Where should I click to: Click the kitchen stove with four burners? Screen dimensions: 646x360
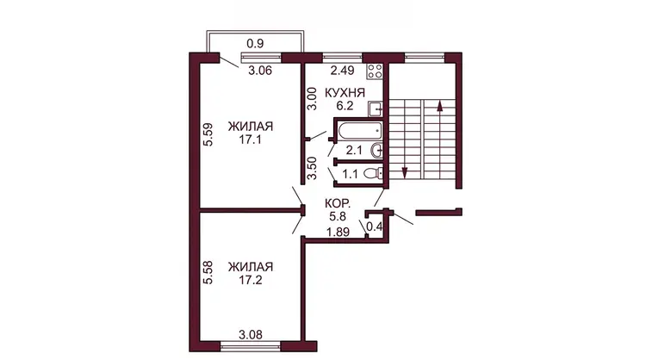point(375,71)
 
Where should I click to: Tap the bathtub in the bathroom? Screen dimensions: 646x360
point(361,132)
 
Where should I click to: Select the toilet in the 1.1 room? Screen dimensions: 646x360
point(373,174)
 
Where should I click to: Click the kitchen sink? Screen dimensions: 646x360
point(376,109)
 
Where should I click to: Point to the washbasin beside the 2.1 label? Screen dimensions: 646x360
point(376,151)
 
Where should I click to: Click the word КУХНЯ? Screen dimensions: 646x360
point(345,93)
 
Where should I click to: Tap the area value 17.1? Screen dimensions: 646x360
point(251,140)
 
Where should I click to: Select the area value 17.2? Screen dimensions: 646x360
point(251,280)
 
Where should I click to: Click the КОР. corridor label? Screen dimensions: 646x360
point(338,203)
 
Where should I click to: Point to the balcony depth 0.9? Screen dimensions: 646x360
point(255,43)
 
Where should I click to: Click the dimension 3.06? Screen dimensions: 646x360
point(260,71)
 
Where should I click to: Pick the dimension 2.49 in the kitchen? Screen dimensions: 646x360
point(342,71)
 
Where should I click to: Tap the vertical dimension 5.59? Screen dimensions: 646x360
point(208,134)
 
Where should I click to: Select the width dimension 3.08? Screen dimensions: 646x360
point(251,334)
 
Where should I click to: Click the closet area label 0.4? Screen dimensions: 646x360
point(374,227)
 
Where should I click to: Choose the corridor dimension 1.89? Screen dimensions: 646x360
point(338,233)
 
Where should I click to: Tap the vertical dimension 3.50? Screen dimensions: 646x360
point(313,168)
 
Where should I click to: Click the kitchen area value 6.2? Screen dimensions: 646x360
point(345,106)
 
